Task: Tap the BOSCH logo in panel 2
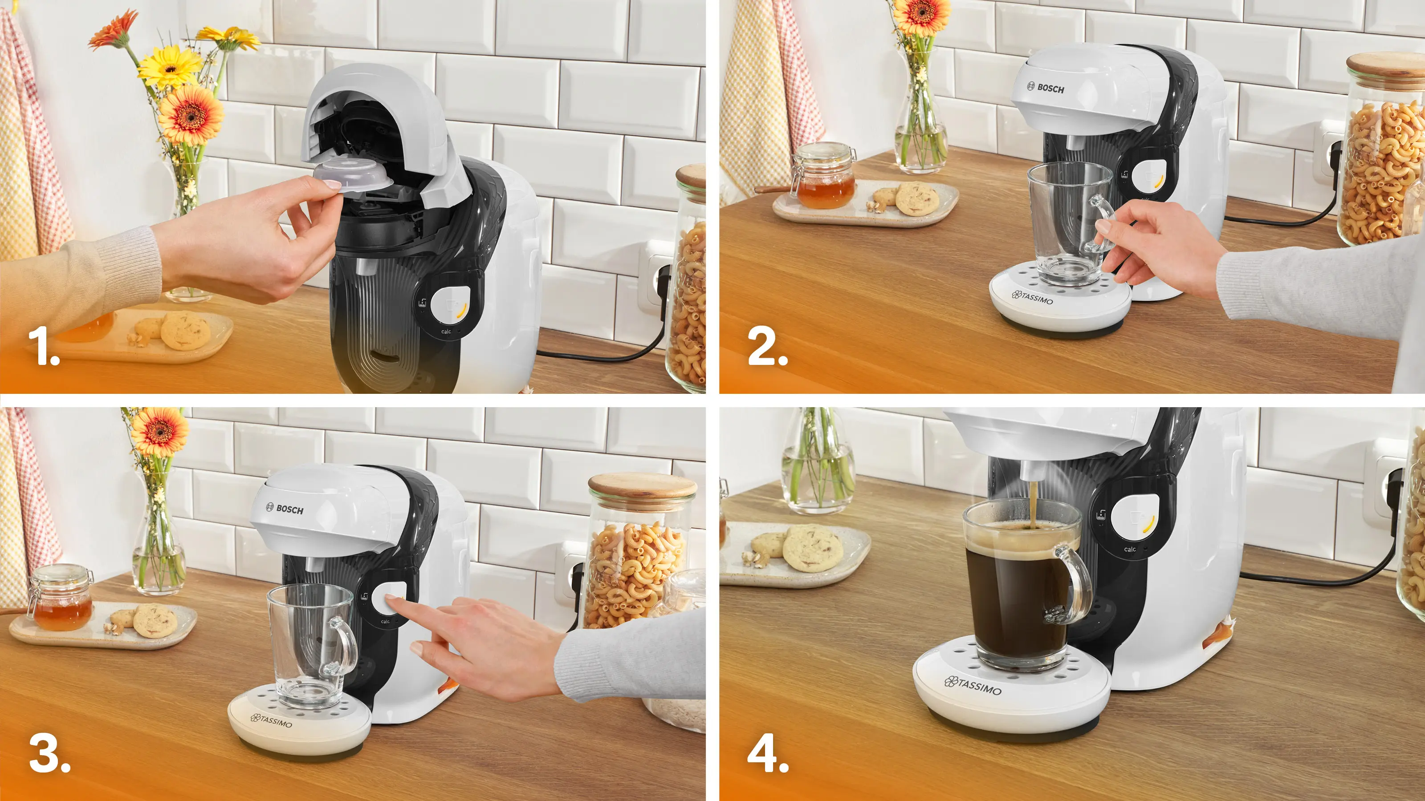click(1045, 87)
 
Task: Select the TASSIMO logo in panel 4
click(973, 685)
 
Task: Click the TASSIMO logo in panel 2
click(1032, 297)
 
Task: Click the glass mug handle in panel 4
click(1071, 586)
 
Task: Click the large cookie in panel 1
click(185, 331)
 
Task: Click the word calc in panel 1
click(446, 332)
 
